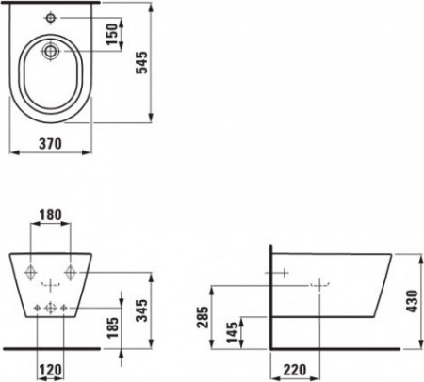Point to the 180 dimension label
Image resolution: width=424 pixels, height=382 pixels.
[x=53, y=215]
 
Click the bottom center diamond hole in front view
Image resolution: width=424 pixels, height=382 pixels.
[x=53, y=307]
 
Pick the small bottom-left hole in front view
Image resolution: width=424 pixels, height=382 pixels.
[x=38, y=307]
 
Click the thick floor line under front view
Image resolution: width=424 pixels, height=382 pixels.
[x=53, y=346]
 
